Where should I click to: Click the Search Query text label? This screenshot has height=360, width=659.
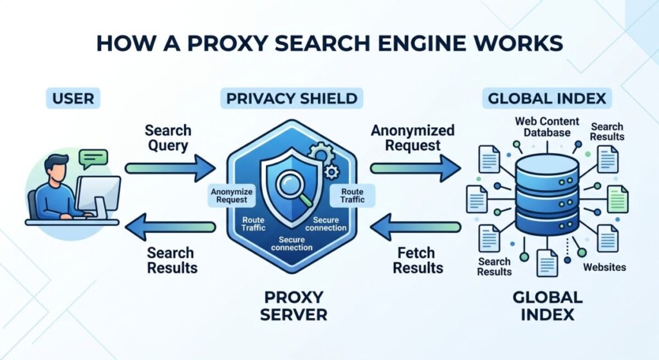coord(167,137)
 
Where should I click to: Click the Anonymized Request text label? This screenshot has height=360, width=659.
coord(413,138)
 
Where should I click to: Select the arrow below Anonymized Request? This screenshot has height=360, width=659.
coord(415,169)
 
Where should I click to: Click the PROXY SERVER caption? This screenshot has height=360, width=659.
coord(295,307)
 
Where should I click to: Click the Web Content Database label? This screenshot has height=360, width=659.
coord(547,127)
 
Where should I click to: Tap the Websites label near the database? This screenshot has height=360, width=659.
coord(604,267)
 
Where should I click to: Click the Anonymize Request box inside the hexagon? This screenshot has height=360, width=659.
coord(232,196)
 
